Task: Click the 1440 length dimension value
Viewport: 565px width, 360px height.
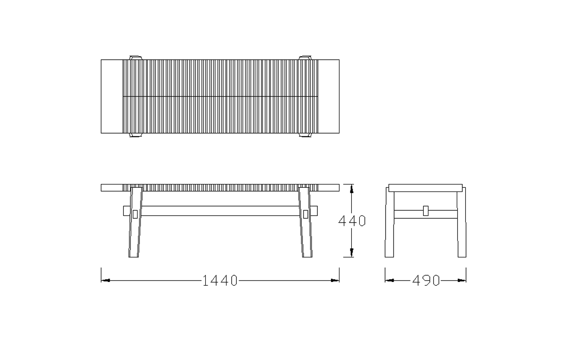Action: click(220, 280)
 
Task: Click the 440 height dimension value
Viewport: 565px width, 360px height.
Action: click(352, 221)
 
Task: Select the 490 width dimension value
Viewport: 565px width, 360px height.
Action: click(426, 280)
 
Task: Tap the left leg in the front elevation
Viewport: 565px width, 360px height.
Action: click(135, 222)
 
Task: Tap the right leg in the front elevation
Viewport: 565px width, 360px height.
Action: click(306, 222)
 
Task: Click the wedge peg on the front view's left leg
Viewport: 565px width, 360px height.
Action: click(135, 214)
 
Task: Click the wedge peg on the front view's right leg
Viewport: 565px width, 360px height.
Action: click(306, 214)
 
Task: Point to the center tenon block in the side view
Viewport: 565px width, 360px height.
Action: click(426, 211)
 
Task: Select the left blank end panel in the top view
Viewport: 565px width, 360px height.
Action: click(112, 96)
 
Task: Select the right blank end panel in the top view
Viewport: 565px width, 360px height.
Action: click(329, 96)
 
